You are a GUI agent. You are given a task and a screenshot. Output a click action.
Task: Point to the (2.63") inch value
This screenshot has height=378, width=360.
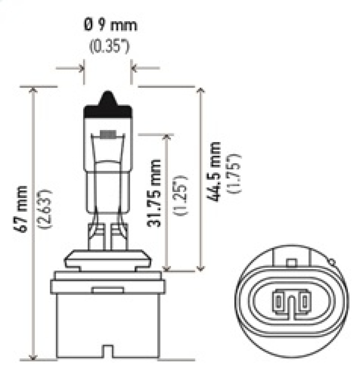pos(47,208)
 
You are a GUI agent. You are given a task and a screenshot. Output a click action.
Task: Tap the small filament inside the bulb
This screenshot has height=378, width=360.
pos(108,134)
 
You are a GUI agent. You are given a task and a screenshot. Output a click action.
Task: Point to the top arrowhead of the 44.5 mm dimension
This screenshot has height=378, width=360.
pos(201,90)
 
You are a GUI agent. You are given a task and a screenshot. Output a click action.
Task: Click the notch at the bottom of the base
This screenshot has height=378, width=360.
pos(108,351)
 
